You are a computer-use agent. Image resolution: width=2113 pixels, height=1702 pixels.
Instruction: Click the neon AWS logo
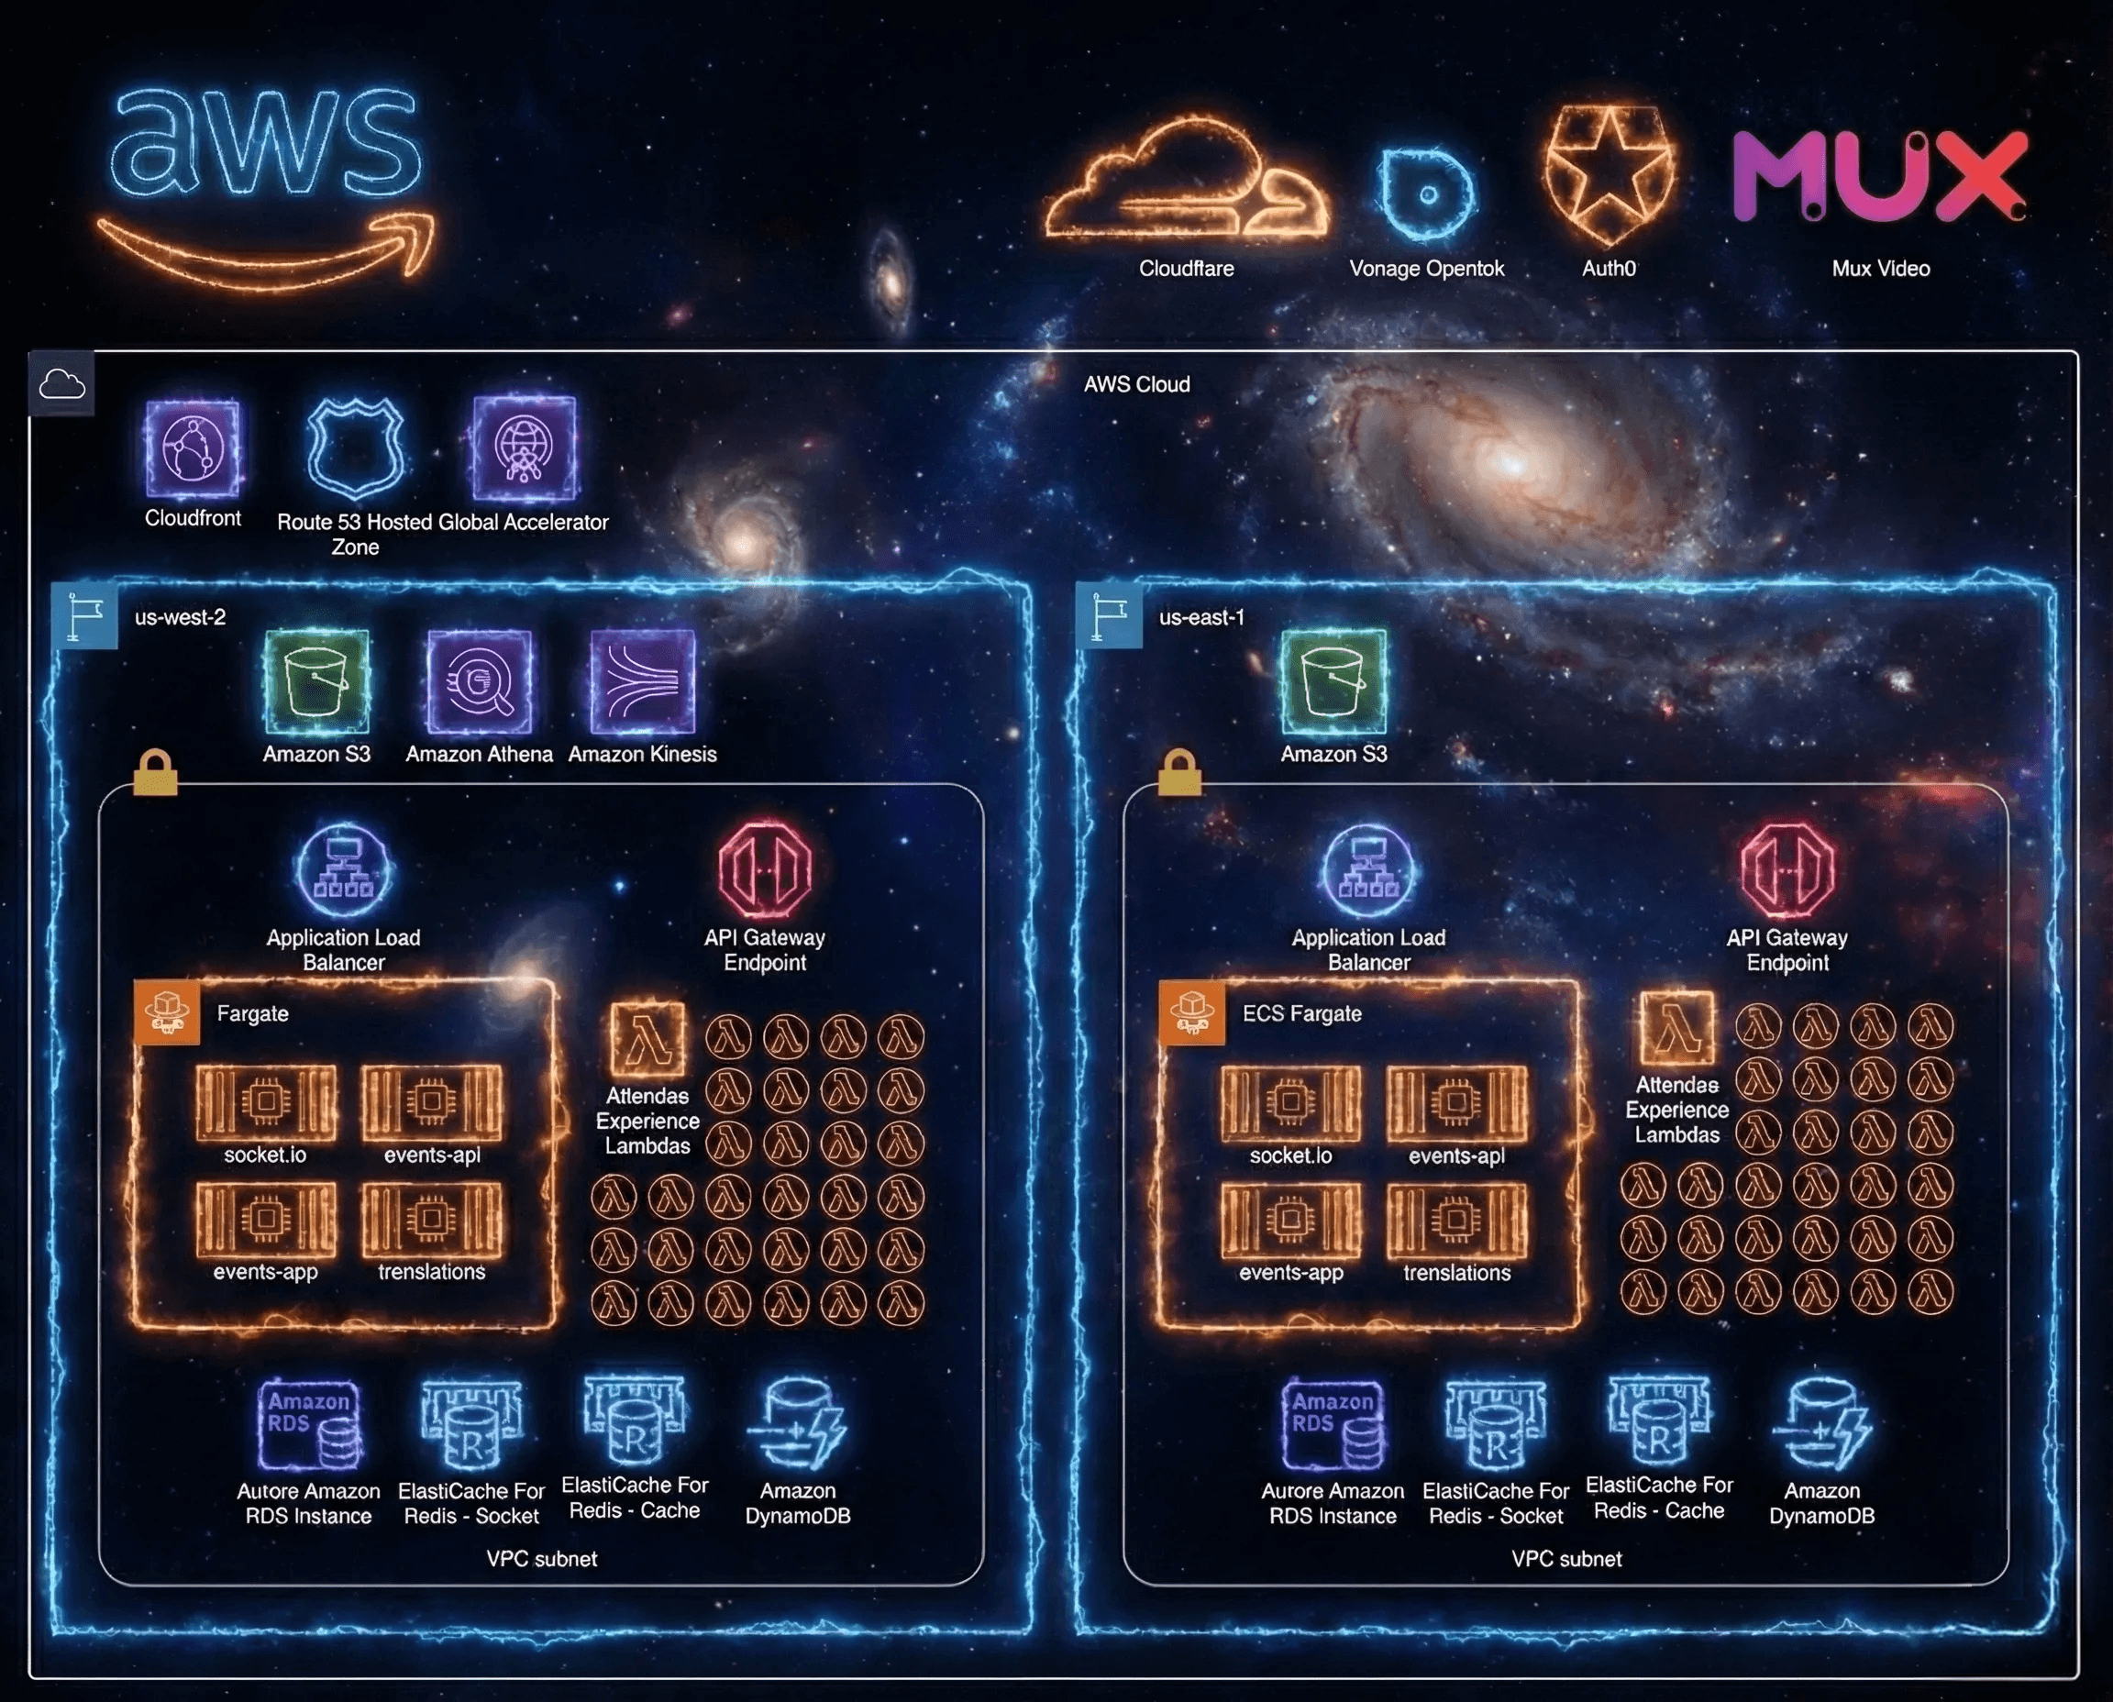click(x=265, y=182)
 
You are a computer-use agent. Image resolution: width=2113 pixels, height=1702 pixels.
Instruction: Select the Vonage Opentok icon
click(x=1426, y=193)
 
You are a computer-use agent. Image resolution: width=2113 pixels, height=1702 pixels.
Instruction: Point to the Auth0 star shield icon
click(x=1608, y=173)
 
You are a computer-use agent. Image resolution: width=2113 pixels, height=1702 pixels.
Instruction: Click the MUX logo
click(x=1878, y=176)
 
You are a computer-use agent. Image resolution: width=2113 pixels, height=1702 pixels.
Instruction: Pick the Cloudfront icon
click(x=193, y=449)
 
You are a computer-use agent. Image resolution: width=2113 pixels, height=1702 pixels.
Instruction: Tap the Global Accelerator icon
click(x=524, y=449)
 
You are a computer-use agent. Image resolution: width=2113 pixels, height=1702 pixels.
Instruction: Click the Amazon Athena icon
click(x=480, y=682)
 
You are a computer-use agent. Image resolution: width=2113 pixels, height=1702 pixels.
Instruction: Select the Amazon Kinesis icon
click(x=642, y=682)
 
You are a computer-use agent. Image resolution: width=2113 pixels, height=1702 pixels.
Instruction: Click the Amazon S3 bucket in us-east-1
click(x=1333, y=682)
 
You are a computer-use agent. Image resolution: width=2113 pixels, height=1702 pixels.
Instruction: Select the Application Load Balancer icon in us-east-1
click(x=1369, y=870)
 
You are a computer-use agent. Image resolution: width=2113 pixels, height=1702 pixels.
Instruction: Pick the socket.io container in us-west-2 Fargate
click(x=266, y=1102)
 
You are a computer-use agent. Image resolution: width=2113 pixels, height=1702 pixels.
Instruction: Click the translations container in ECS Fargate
click(x=1456, y=1220)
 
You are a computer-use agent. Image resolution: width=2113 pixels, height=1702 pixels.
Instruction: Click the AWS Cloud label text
click(x=1136, y=384)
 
